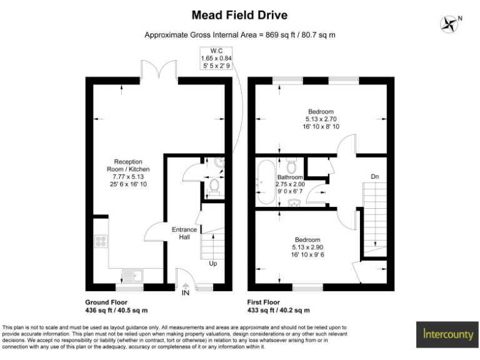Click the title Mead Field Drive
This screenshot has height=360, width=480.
pos(240,15)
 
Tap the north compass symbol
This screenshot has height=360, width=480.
pos(449,24)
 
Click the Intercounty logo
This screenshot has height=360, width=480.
pos(447,334)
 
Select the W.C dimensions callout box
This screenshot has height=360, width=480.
pos(216,57)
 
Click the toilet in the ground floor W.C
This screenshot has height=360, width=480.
pos(214,187)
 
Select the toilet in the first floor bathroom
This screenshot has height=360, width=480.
pos(291,166)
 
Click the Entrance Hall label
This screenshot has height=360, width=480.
pos(184,233)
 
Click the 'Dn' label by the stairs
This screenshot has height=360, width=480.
pos(375,177)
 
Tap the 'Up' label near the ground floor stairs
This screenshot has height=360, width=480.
pos(212,263)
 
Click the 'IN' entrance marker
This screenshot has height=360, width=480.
pos(186,292)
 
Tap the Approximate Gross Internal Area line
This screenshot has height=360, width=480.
pos(240,35)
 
